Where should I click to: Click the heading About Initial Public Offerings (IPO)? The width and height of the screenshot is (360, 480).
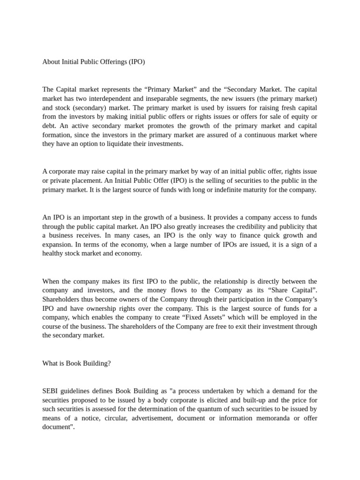(x=93, y=62)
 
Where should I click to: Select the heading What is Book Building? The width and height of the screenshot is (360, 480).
(x=76, y=363)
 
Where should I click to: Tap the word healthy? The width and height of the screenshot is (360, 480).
(x=54, y=254)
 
